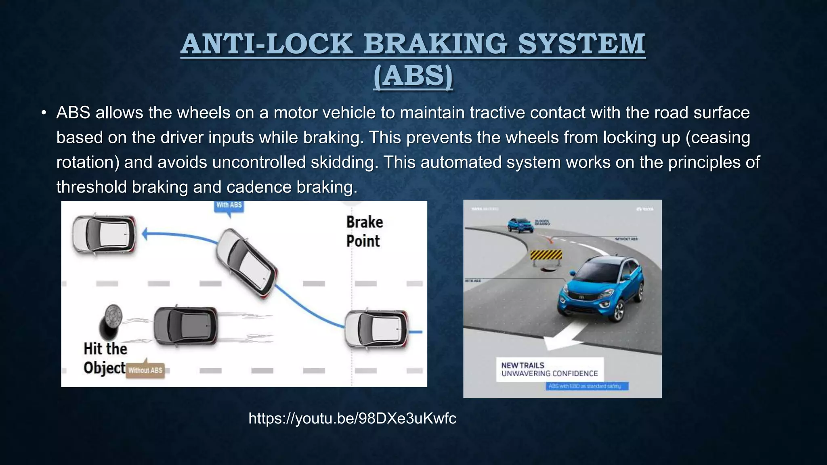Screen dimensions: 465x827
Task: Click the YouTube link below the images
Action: tap(352, 419)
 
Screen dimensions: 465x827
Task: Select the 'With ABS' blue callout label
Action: tap(229, 205)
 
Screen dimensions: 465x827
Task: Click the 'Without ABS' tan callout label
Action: tap(145, 370)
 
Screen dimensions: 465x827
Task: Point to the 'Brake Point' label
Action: tap(364, 231)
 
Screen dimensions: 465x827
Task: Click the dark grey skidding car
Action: tap(185, 326)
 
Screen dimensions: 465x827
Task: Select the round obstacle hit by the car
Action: tap(110, 321)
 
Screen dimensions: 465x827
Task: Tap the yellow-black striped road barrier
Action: tap(546, 255)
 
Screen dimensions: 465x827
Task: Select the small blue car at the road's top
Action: tap(520, 225)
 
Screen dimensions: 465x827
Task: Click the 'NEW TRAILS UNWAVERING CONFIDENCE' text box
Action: tap(549, 369)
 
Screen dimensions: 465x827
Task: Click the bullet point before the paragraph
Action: tap(44, 113)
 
